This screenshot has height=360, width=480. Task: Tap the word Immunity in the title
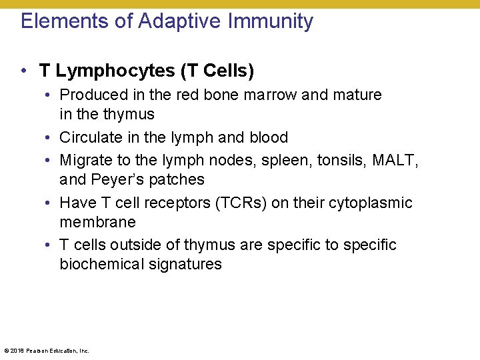pos(271,21)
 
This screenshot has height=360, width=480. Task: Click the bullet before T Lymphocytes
pos(23,70)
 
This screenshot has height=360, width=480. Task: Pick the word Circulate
pos(88,137)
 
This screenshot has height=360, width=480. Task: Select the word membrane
pos(97,222)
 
